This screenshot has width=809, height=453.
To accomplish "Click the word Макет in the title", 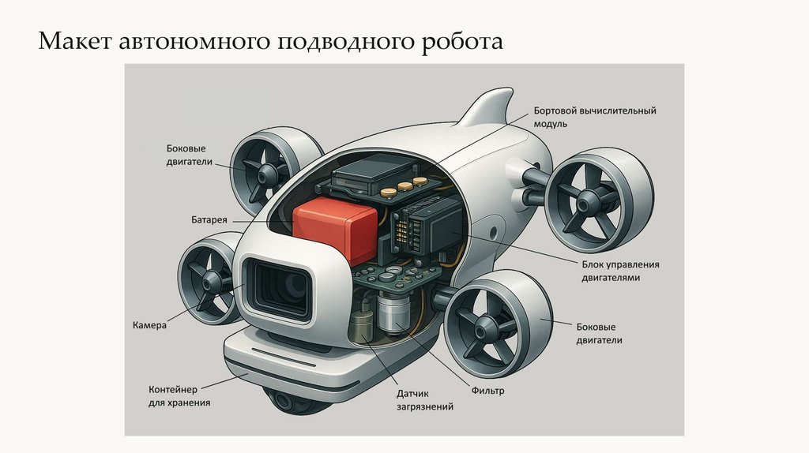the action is tap(74, 40).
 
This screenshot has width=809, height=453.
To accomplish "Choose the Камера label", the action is tap(149, 325).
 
